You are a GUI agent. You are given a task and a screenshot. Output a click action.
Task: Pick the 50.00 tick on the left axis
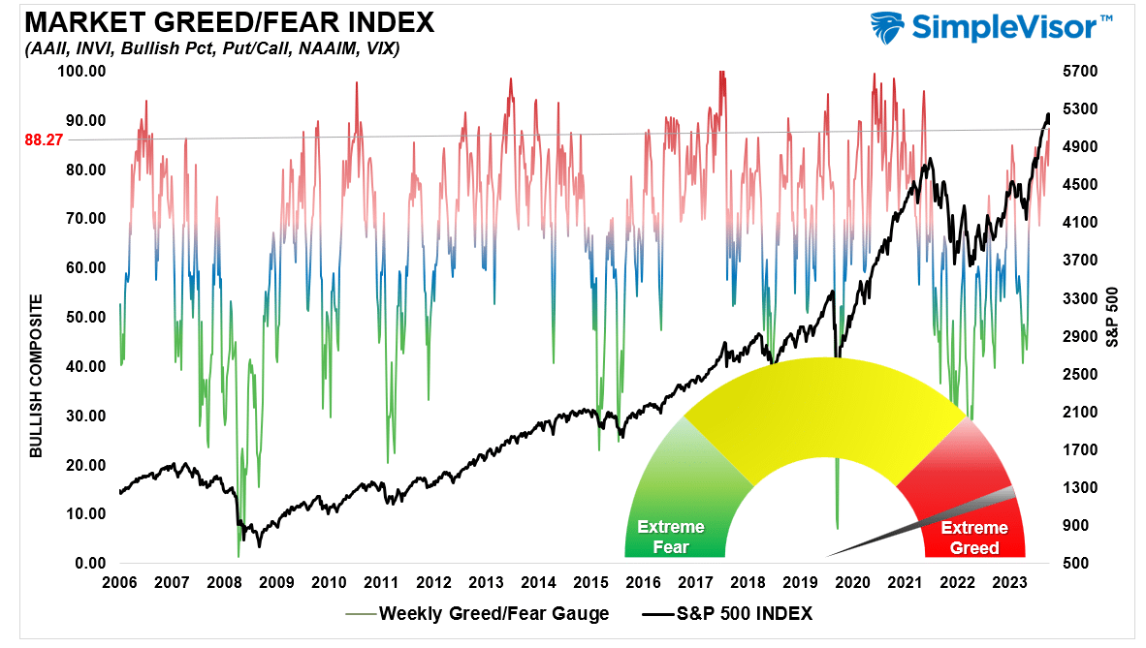pyautogui.click(x=84, y=317)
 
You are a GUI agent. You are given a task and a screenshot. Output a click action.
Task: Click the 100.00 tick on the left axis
pyautogui.click(x=81, y=71)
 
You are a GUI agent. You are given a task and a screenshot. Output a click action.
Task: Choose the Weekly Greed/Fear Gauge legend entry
pyautogui.click(x=476, y=613)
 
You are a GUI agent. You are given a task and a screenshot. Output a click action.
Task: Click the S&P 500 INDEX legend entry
pyautogui.click(x=725, y=613)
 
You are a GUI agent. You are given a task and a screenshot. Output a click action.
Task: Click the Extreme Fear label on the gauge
pyautogui.click(x=671, y=537)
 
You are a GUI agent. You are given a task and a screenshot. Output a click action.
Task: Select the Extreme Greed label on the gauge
pyautogui.click(x=974, y=538)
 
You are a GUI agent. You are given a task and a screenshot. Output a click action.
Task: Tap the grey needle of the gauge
pyautogui.click(x=921, y=524)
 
